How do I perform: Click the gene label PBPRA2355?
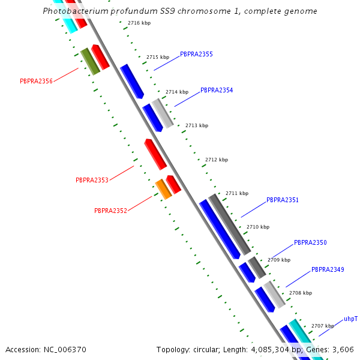pos(196,54)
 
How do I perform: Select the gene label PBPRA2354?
pos(217,90)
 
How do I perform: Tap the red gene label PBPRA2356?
pos(36,81)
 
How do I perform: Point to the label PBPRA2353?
pos(92,180)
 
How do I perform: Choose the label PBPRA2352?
pos(110,211)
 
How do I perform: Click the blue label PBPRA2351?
pos(283,200)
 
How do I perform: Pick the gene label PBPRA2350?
pos(310,242)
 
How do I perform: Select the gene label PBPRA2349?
pos(328,269)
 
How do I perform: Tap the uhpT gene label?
pos(350,319)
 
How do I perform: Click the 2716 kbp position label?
pos(139,23)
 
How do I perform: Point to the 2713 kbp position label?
pos(197,125)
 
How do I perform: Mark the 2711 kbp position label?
pos(237,193)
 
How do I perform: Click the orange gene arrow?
pos(163,189)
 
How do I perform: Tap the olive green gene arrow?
pos(90,61)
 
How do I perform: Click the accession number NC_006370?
pos(65,350)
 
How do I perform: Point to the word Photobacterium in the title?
pos(74,11)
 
